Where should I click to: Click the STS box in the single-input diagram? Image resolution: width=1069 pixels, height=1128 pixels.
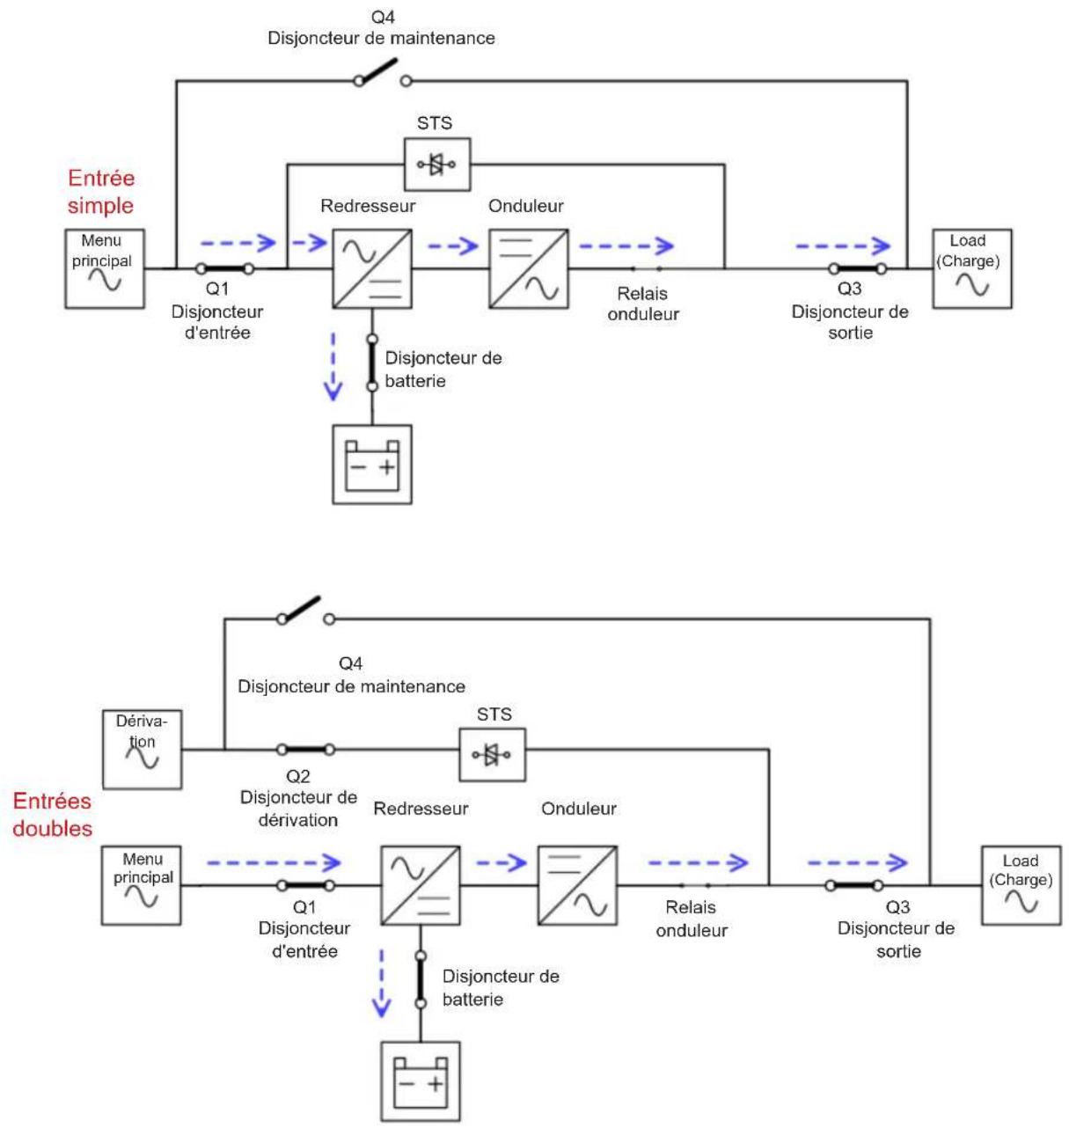click(436, 164)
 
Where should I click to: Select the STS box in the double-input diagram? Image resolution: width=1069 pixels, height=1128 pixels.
click(492, 754)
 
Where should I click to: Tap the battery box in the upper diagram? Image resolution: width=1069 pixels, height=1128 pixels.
click(372, 465)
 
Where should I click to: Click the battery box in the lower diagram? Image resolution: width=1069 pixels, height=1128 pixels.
click(421, 1081)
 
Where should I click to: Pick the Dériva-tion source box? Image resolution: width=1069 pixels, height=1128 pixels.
click(142, 749)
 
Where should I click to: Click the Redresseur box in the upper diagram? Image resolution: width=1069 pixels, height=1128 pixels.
click(372, 268)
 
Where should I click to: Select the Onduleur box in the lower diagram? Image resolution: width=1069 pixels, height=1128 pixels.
click(577, 885)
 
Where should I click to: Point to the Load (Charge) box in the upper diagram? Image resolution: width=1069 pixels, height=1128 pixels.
click(971, 268)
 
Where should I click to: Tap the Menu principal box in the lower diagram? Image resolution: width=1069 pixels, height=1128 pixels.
click(141, 885)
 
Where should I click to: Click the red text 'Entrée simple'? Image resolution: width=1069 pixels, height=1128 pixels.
click(101, 192)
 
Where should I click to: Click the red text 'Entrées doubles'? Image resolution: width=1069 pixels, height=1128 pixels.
click(52, 814)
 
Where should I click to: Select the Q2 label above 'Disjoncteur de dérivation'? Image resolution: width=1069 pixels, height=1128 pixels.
click(297, 776)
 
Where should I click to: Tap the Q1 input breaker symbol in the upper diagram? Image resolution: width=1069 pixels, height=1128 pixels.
click(224, 268)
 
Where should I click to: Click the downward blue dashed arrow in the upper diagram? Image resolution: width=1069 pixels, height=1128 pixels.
click(333, 366)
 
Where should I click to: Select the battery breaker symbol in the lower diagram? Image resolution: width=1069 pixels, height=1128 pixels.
click(421, 979)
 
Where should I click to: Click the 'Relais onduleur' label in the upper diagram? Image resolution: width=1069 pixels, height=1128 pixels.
click(642, 304)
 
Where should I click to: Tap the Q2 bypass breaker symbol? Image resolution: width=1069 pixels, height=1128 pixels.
click(305, 749)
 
